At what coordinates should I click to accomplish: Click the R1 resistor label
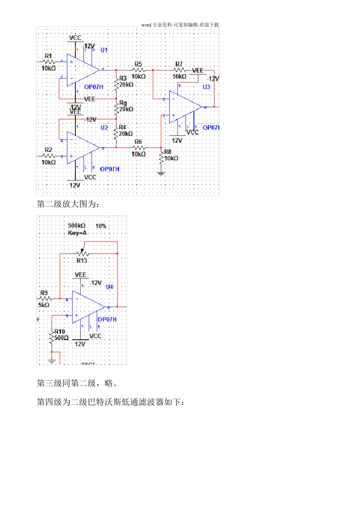click(48, 56)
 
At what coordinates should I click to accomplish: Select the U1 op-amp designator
click(104, 50)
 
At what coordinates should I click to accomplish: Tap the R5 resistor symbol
click(139, 70)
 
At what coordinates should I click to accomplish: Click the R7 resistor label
click(179, 64)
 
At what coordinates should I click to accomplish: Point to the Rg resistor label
click(123, 103)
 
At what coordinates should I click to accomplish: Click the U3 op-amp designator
click(206, 87)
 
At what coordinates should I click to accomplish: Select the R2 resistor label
click(48, 150)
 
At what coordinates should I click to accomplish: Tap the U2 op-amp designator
click(104, 128)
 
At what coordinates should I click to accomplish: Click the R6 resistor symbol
click(139, 148)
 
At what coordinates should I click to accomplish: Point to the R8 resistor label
click(167, 152)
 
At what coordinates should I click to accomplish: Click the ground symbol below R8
click(161, 174)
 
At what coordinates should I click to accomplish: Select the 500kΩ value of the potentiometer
click(77, 226)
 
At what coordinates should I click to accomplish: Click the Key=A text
click(77, 233)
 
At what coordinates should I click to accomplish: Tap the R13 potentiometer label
click(82, 261)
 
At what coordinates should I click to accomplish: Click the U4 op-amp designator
click(110, 287)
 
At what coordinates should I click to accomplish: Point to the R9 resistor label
click(44, 293)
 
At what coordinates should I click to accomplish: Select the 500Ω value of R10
click(61, 338)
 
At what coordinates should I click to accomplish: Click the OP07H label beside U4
click(107, 320)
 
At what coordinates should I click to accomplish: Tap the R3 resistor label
click(123, 78)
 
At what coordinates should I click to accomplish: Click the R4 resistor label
click(122, 127)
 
